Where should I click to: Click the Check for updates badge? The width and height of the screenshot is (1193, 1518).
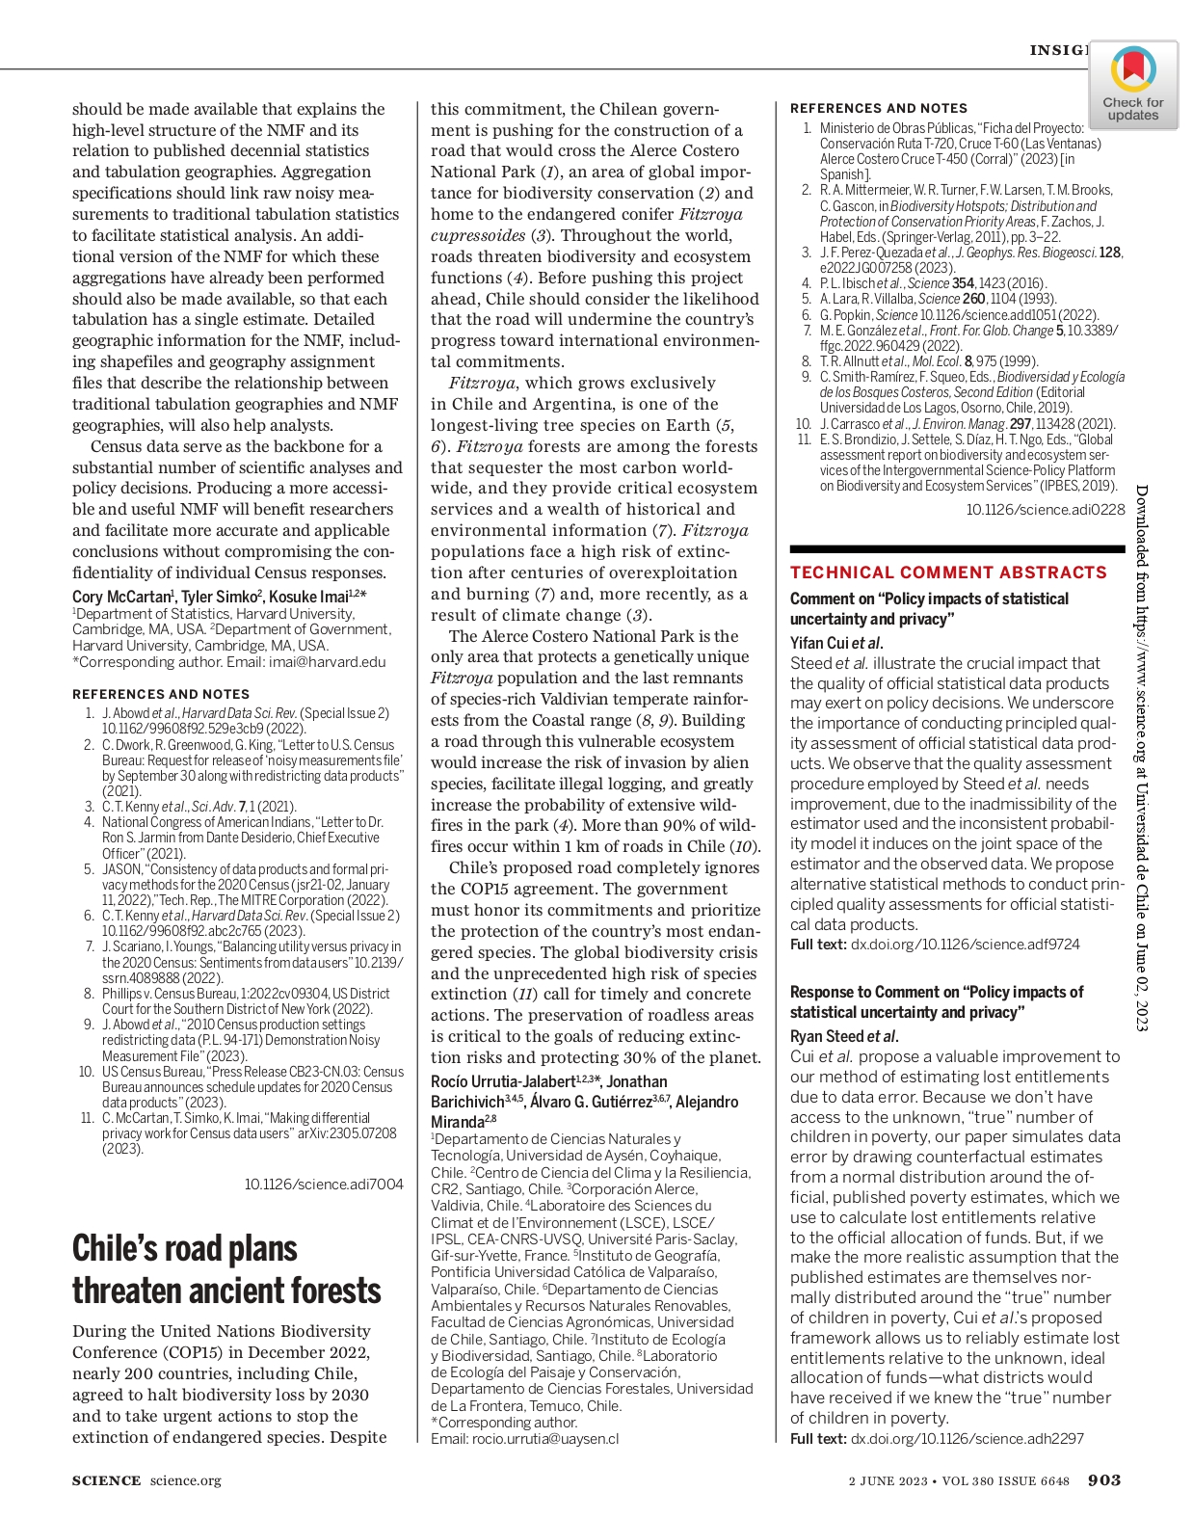pos(1132,85)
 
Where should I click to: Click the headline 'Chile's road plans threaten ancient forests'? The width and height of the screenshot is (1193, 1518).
pos(226,1269)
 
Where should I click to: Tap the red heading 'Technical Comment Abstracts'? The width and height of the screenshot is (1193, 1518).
pos(948,573)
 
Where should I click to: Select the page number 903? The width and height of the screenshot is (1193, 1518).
pos(1104,1480)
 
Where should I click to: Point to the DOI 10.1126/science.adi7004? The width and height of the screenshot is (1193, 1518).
pos(324,1184)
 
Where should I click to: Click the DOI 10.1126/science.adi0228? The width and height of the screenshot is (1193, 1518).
pos(1046,509)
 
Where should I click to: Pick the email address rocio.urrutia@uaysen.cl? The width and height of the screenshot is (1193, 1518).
pos(545,1439)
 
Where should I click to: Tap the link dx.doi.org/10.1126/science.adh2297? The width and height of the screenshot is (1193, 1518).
pos(967,1438)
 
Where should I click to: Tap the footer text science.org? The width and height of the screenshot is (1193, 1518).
pos(185,1480)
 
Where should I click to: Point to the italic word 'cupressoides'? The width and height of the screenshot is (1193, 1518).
pos(478,235)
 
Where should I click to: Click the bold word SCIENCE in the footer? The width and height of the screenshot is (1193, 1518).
pos(106,1480)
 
